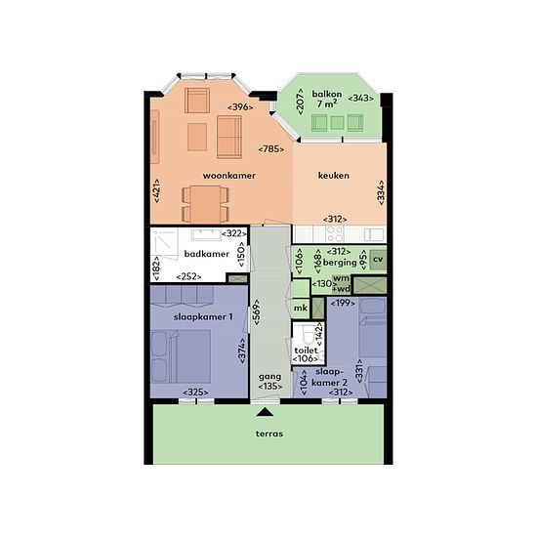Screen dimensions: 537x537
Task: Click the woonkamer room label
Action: (x=229, y=176)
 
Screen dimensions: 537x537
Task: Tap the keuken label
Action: (x=334, y=176)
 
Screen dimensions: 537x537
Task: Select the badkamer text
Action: (x=207, y=254)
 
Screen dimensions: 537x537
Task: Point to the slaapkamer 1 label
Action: (x=203, y=317)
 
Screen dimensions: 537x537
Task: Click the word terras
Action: (x=269, y=434)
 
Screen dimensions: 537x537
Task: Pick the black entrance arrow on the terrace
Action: (x=265, y=412)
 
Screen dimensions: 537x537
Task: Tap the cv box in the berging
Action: (x=378, y=260)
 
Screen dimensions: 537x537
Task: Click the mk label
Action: (x=301, y=308)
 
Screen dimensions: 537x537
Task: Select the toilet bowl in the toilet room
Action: (x=310, y=334)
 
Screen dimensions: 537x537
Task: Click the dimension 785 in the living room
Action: (x=271, y=149)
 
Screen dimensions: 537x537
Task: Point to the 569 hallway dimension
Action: (x=257, y=312)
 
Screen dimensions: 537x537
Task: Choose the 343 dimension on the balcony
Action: (x=360, y=99)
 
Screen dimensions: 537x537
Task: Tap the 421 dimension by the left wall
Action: (x=156, y=190)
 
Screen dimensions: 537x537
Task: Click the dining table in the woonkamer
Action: (x=205, y=204)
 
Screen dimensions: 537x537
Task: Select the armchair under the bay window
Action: (x=197, y=101)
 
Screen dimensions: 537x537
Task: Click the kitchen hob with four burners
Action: (x=335, y=234)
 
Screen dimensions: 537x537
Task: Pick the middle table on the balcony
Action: (x=338, y=123)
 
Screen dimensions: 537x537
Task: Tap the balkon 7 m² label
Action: (x=327, y=99)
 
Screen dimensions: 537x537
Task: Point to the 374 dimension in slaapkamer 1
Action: (x=242, y=351)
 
